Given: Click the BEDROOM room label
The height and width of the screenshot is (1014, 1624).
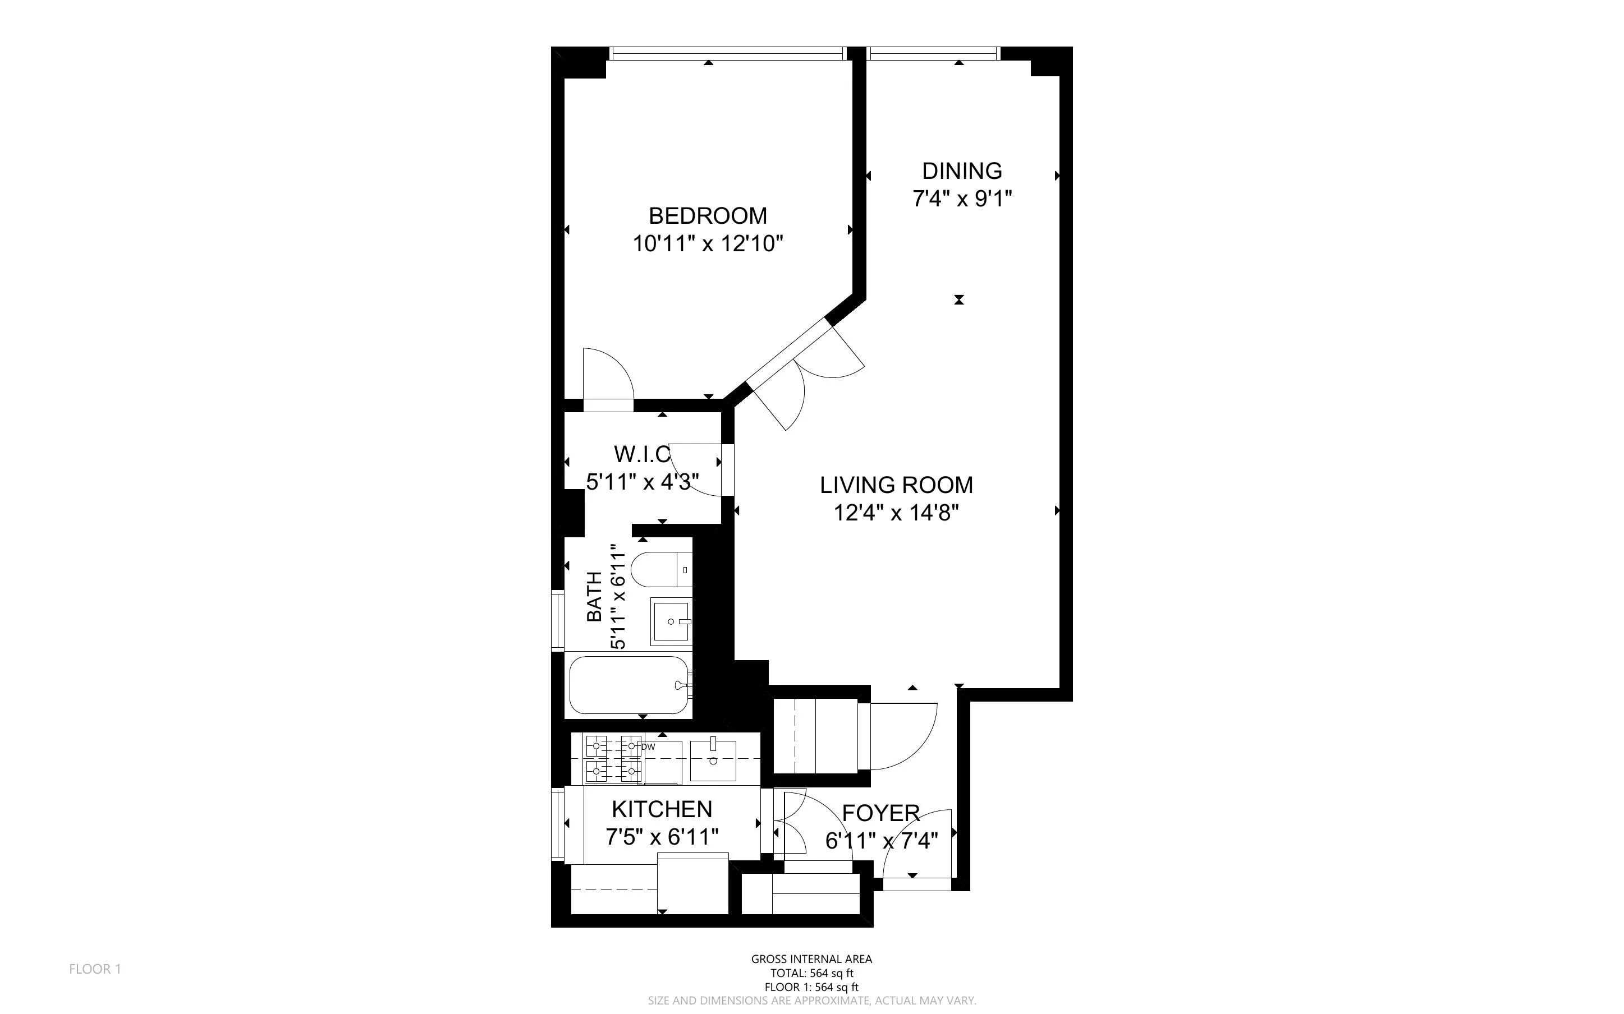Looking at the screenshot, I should pos(708,215).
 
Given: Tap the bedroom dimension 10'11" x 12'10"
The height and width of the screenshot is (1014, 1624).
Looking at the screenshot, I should pos(708,243).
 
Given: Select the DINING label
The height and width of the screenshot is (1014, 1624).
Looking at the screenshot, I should pos(961,171).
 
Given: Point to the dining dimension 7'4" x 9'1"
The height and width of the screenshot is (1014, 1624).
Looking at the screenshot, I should pos(961,199).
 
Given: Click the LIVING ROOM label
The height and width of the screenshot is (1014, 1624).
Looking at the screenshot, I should pos(896,485).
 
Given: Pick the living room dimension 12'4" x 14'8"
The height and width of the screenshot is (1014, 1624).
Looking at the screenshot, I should pos(896,513).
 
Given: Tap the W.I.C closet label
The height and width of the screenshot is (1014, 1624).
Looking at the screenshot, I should pos(642,455).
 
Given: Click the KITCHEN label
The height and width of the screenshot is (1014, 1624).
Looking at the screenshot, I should pos(662,809).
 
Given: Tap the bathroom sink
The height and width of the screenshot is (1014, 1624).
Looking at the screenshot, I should pos(670,621).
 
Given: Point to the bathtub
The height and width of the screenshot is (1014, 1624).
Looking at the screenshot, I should pos(629,685).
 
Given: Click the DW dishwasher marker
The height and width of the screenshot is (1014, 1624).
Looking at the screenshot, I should pos(648,746).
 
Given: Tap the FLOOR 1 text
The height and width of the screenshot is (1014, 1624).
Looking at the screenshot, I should pos(95,969).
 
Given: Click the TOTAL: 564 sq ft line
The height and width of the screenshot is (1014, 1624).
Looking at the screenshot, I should pos(811,973).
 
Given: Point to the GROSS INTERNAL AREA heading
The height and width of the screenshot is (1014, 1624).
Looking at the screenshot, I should pos(811,959).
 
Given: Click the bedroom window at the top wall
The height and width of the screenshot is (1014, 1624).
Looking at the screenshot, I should pos(727,53).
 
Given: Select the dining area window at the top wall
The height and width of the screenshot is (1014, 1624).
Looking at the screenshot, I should pos(933,53).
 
